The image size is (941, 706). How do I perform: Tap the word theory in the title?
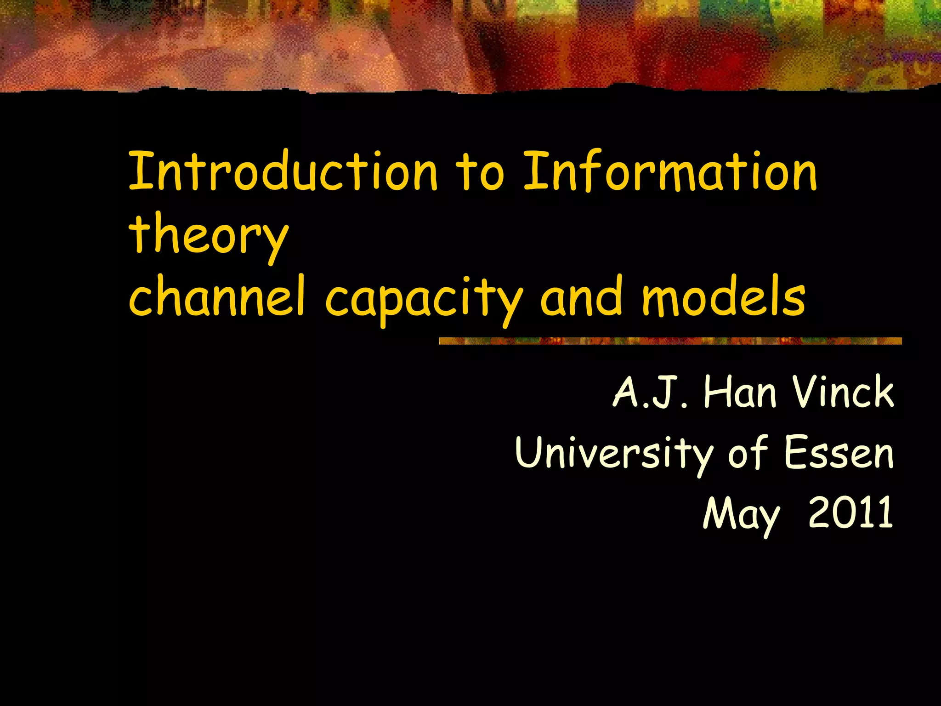(209, 235)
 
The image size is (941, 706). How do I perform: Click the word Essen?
(839, 454)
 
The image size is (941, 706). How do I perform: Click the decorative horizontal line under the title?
(670, 341)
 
